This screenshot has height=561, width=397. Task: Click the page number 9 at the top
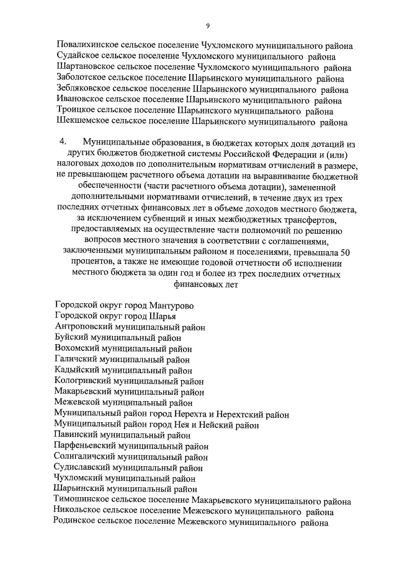[208, 25]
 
